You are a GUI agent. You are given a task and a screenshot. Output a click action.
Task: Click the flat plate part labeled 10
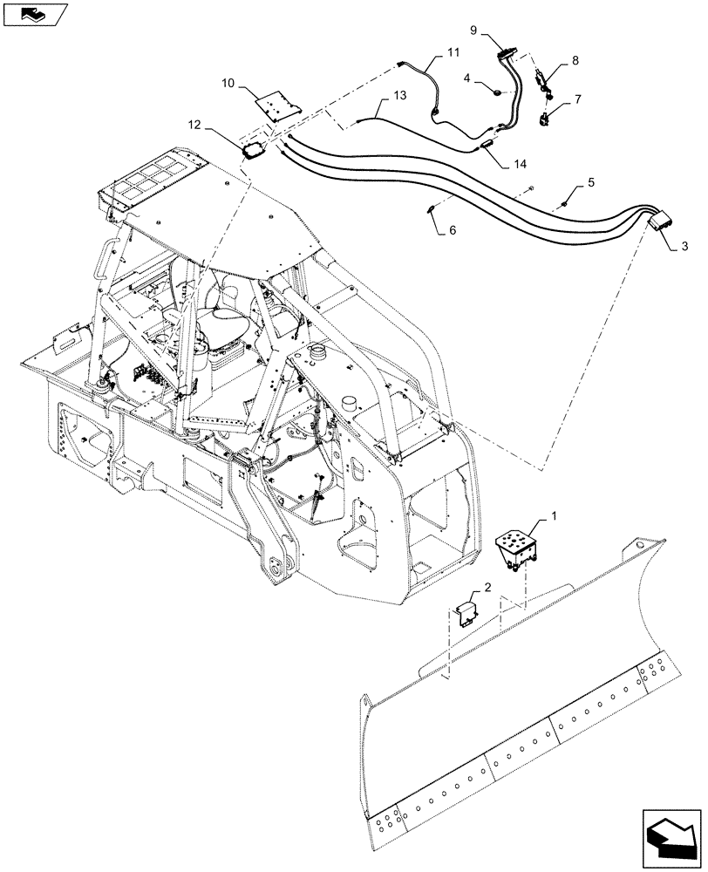click(276, 106)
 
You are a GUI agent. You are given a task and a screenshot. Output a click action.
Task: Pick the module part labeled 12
click(254, 149)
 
